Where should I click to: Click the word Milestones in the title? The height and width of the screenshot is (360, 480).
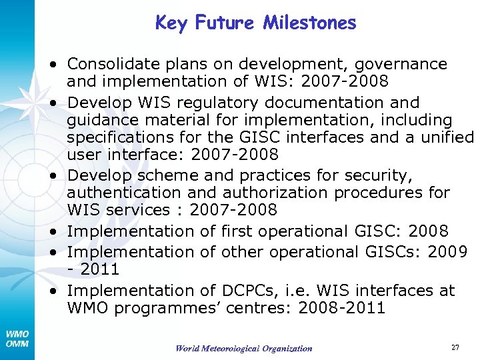coord(310,23)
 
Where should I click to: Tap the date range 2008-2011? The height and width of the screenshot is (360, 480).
coord(342,308)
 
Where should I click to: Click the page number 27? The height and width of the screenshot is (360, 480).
coord(455,347)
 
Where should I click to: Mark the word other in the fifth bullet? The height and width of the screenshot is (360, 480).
coord(222,251)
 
